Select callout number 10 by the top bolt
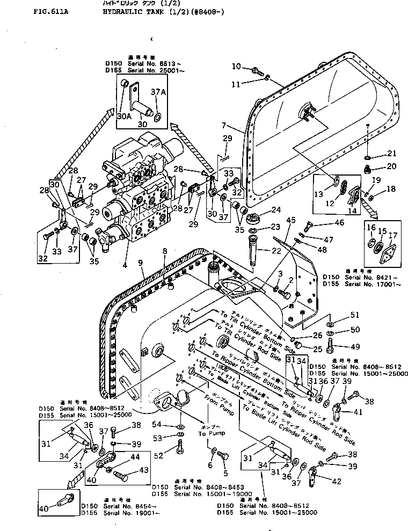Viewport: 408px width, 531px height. (x=237, y=67)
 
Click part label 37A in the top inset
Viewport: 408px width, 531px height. (x=160, y=93)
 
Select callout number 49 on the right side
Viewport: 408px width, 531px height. (x=339, y=347)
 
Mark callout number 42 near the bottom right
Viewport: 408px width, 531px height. (x=336, y=481)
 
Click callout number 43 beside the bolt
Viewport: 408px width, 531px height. (x=128, y=470)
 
